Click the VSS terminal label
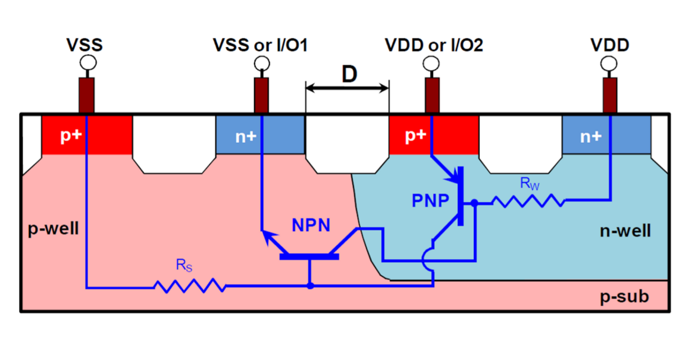(x=85, y=45)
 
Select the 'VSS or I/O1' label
(x=260, y=45)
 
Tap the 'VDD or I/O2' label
(x=434, y=45)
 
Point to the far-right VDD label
(x=610, y=45)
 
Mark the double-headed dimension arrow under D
(x=347, y=88)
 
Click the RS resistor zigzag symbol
(x=189, y=286)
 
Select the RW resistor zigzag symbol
(x=528, y=201)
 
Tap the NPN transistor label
(x=311, y=225)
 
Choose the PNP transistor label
(x=430, y=201)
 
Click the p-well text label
(x=53, y=229)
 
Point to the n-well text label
(x=625, y=231)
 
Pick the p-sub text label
(x=625, y=297)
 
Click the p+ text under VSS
(x=71, y=136)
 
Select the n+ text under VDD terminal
(x=590, y=136)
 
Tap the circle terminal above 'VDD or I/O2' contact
(x=432, y=63)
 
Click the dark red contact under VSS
(x=86, y=95)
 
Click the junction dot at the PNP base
(x=474, y=203)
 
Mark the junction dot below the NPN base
(x=310, y=286)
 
